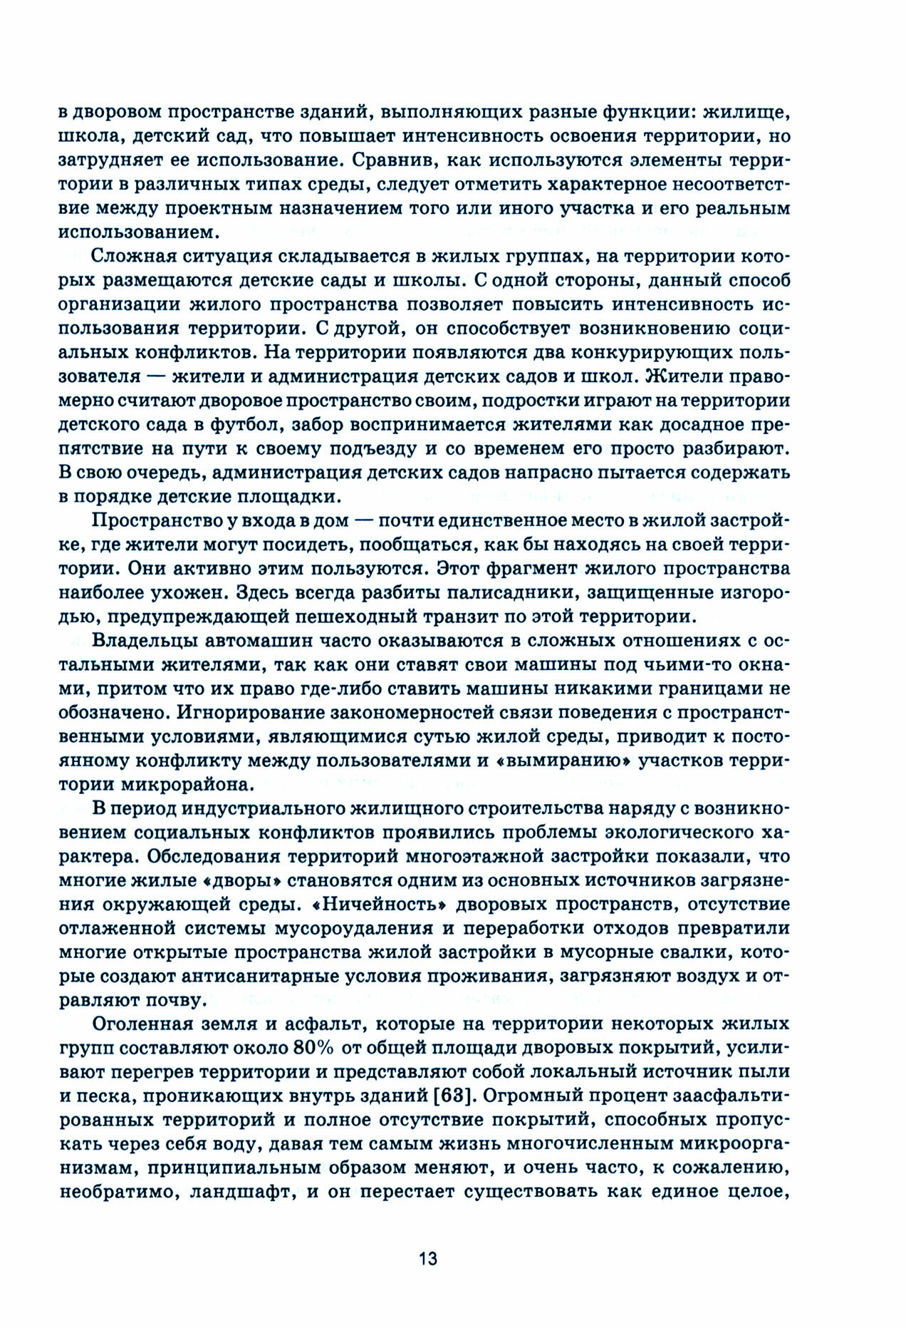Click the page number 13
(x=427, y=1258)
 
